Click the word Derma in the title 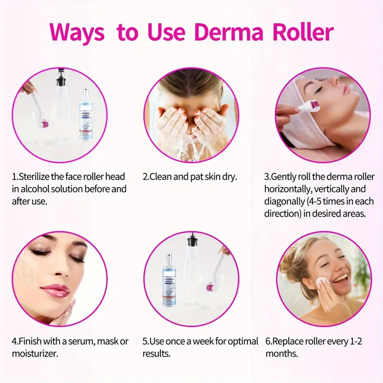(x=229, y=32)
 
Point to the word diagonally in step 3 (x=284, y=202)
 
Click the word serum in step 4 (x=81, y=341)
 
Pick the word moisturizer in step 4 (x=35, y=354)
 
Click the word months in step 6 (x=282, y=354)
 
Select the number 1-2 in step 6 (x=356, y=341)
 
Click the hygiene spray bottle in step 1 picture (x=86, y=114)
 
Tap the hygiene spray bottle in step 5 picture (x=169, y=280)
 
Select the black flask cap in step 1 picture (x=61, y=79)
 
